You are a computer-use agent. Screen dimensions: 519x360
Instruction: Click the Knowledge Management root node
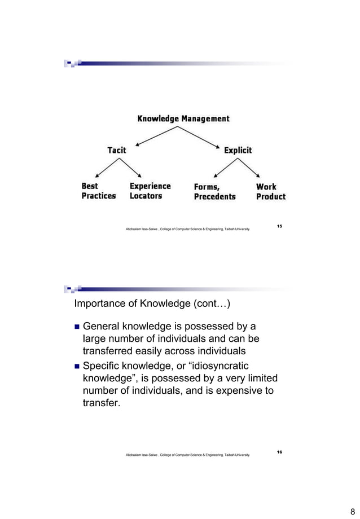[183, 118]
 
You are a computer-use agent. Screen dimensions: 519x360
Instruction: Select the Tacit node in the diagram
[117, 150]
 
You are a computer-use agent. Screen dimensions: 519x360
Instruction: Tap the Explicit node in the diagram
[238, 150]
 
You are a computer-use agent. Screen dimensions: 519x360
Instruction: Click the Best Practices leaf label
[98, 191]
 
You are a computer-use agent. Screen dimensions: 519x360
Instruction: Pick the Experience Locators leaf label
[150, 191]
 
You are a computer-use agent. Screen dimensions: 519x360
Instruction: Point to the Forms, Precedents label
[214, 192]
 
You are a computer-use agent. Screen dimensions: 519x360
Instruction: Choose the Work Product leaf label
[270, 191]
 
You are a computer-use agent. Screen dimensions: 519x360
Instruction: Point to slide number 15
[280, 226]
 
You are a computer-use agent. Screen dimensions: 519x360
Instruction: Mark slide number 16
[280, 452]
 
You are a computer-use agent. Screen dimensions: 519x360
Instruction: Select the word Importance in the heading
[100, 305]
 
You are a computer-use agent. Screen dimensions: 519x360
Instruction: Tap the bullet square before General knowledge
[77, 327]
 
